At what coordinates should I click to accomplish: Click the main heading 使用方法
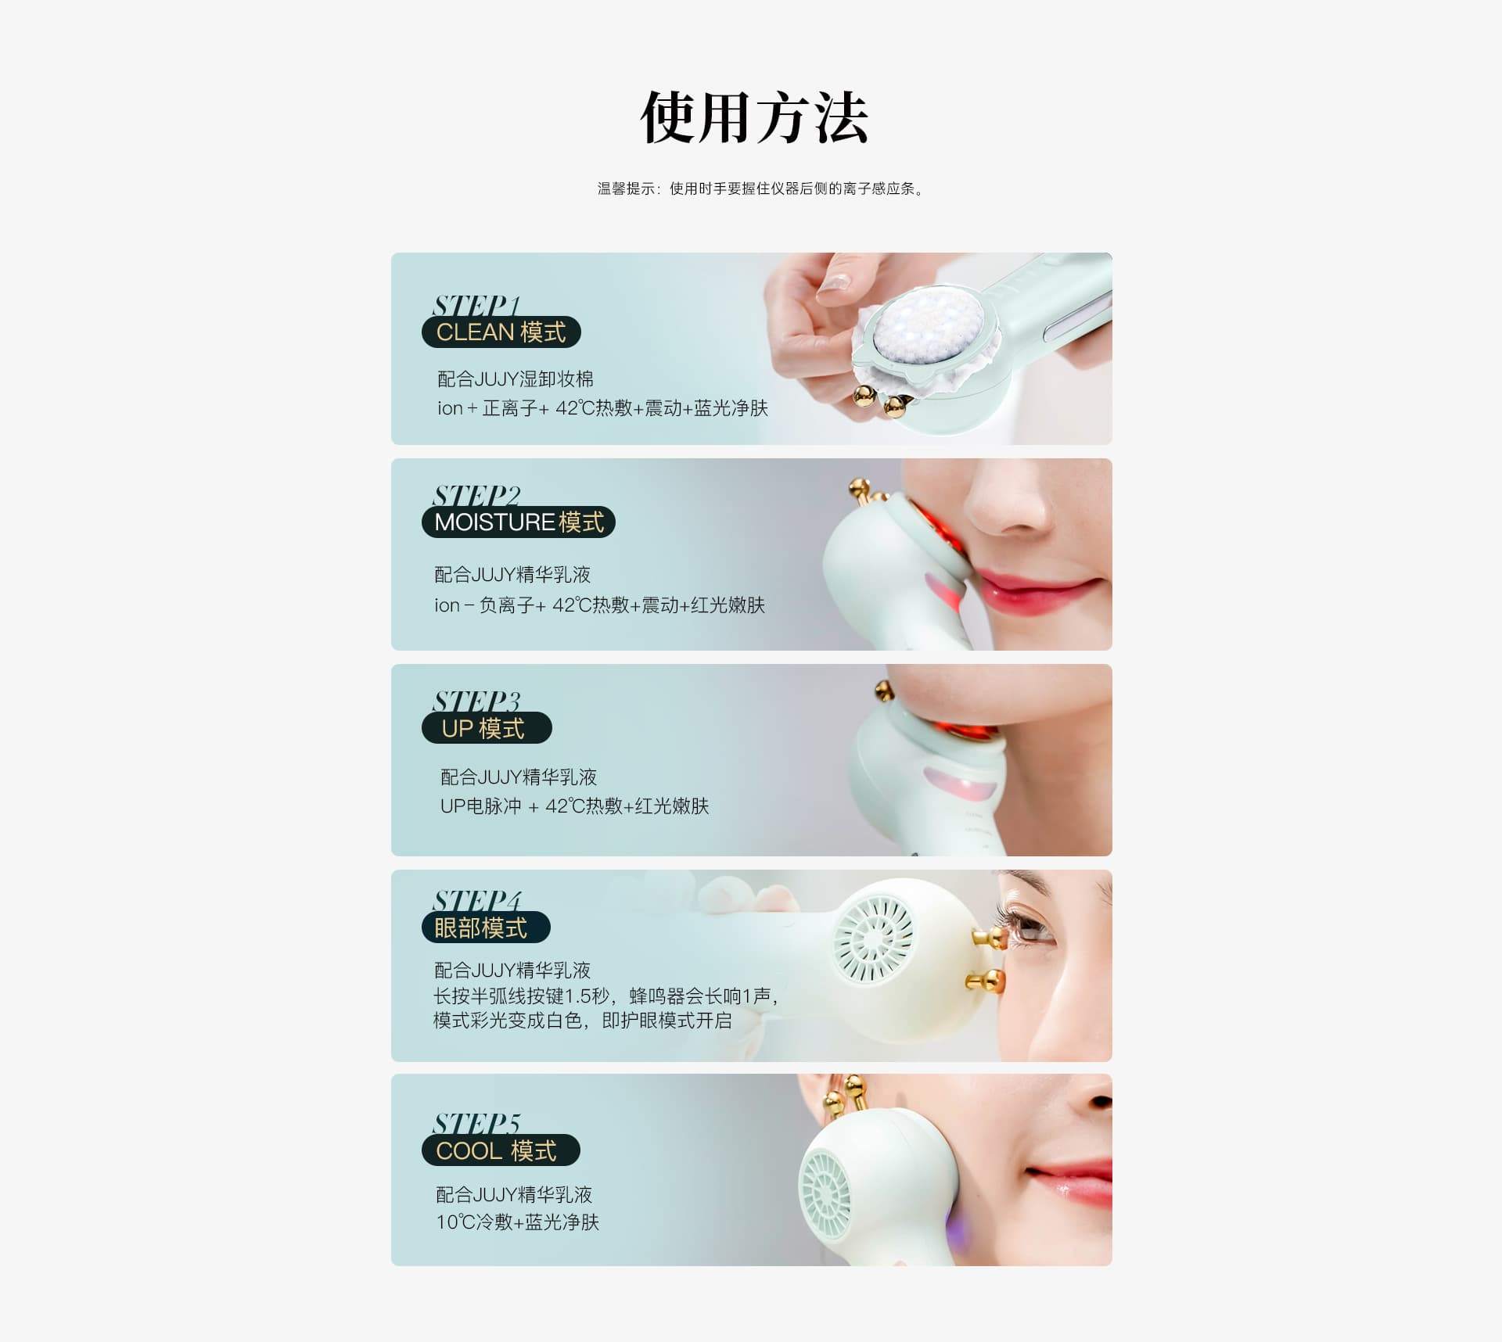(x=754, y=117)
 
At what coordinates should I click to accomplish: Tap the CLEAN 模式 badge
(x=501, y=332)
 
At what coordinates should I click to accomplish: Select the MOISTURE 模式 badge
(x=519, y=522)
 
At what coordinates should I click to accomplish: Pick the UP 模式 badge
(x=487, y=728)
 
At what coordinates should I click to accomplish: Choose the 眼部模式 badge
(x=486, y=928)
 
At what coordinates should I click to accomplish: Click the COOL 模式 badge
(x=501, y=1150)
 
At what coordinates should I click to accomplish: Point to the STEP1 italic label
(x=476, y=305)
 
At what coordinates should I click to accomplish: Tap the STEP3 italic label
(x=476, y=701)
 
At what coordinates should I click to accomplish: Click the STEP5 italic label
(x=476, y=1123)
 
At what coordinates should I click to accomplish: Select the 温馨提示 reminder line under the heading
(x=760, y=188)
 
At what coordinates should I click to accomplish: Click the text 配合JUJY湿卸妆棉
(x=516, y=379)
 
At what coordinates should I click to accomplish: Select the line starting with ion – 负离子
(x=599, y=605)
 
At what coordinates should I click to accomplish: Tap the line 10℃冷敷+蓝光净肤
(x=517, y=1222)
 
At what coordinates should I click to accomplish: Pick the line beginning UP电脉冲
(x=574, y=806)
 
